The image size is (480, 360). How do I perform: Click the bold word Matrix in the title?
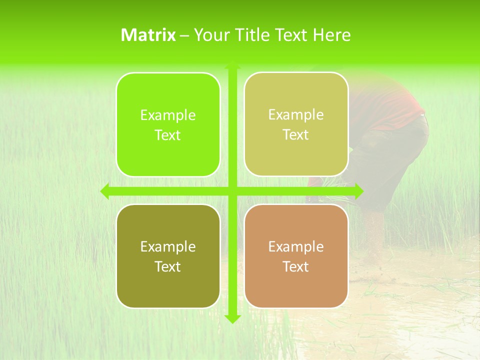click(148, 35)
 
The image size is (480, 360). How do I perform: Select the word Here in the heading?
click(331, 35)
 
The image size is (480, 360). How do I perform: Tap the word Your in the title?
click(210, 35)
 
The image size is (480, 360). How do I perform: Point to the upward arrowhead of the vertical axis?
click(232, 65)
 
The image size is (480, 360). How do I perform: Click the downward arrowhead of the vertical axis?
click(232, 318)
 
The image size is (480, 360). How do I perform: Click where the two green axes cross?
click(232, 191)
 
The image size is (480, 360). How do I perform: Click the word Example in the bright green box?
click(168, 115)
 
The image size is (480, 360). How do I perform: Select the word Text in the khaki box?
click(296, 135)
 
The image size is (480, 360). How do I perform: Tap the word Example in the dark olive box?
click(168, 247)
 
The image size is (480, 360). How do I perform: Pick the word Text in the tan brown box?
click(296, 267)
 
